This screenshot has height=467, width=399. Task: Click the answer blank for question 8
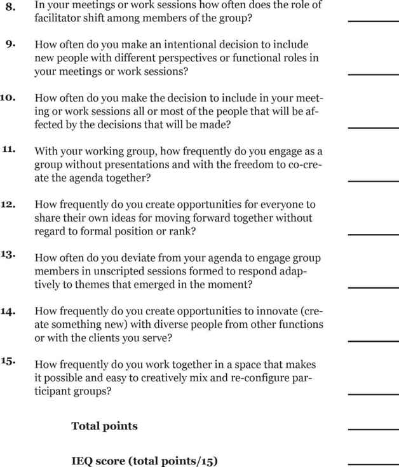click(x=372, y=21)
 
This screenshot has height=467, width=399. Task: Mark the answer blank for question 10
click(x=372, y=127)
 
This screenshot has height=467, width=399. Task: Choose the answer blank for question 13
click(x=372, y=287)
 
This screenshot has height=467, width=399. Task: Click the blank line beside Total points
click(x=372, y=429)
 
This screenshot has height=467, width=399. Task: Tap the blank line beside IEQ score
click(x=372, y=463)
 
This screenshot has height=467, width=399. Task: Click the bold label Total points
click(x=104, y=426)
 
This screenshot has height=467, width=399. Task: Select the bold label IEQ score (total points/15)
click(x=144, y=460)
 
